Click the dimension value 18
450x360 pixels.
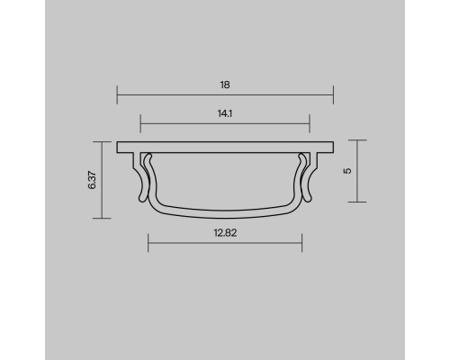[x=225, y=85]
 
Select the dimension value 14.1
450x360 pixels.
[x=225, y=114]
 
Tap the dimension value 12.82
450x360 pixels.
[x=225, y=231]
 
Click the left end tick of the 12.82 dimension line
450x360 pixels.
[x=148, y=241]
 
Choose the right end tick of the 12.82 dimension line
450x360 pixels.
[x=301, y=241]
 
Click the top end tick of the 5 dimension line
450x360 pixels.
[x=359, y=140]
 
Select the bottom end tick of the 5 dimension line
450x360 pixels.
[x=359, y=202]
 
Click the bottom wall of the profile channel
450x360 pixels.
[x=225, y=214]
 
